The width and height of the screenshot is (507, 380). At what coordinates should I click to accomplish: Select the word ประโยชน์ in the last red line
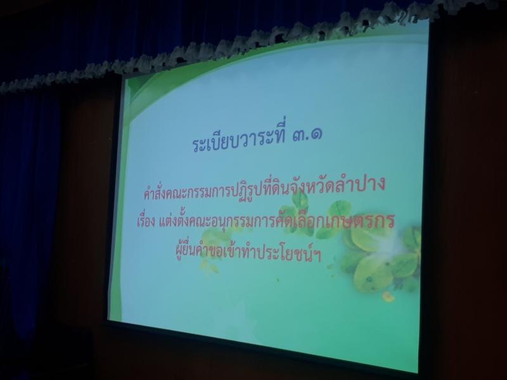[x=285, y=254]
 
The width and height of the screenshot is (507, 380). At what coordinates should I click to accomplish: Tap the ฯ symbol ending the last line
[x=318, y=256]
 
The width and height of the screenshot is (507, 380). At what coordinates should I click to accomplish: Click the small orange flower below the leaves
[x=388, y=296]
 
